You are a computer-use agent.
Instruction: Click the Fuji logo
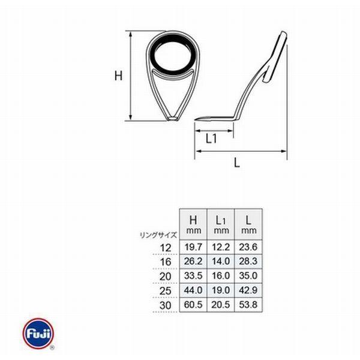[38, 334]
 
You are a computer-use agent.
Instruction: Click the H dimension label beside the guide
[118, 76]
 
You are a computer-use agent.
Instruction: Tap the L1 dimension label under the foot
[211, 139]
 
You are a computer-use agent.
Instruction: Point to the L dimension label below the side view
[237, 163]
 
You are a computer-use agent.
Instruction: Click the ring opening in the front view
[172, 56]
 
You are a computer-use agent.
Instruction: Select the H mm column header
[193, 224]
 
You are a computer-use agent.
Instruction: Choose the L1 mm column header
[221, 224]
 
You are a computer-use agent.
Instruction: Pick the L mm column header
[248, 224]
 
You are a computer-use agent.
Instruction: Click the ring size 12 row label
[166, 248]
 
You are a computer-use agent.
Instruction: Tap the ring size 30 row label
[166, 305]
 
